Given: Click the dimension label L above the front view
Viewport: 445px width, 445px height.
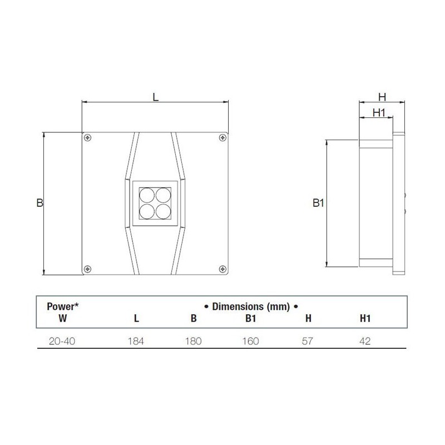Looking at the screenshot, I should coord(156,96).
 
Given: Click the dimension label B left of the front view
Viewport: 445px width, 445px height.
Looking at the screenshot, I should coord(39,203).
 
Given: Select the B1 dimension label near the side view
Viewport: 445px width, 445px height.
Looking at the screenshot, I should coord(318,204).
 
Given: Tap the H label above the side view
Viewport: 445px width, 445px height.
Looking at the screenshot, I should coord(383,96).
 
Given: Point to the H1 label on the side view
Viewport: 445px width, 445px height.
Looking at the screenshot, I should coord(379,112).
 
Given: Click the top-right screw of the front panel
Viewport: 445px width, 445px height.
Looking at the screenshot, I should coord(222,137).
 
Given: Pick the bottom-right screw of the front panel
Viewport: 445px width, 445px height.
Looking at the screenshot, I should coord(222,269).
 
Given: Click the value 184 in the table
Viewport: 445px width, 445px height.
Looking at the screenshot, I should coord(136,340).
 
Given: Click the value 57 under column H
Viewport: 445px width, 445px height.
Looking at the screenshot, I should coord(306,340).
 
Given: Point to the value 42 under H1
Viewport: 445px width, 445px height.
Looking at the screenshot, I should coord(364,340).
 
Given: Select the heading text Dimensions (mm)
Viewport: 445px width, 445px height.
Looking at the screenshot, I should coord(250,306).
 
